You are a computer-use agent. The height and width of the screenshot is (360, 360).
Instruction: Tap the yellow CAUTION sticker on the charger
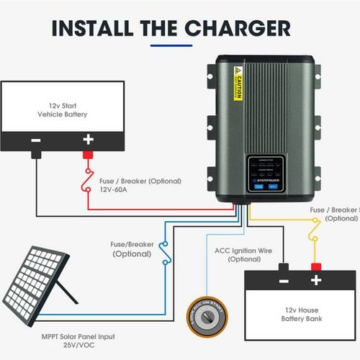coord(238,84)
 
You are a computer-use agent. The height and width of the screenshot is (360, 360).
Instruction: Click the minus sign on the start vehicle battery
coord(35,140)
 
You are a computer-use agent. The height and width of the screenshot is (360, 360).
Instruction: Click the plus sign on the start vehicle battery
coord(88,140)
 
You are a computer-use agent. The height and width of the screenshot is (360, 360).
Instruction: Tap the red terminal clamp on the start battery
coord(88,154)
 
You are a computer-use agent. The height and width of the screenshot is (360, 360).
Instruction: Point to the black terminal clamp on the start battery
coord(35,154)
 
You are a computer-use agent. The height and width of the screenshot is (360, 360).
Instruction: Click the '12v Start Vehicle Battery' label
coord(62,109)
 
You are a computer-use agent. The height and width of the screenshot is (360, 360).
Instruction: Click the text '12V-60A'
coord(117,191)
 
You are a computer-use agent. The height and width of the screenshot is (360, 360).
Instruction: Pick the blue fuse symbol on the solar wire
coord(166,253)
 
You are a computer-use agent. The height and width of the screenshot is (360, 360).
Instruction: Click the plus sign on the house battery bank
coord(315,280)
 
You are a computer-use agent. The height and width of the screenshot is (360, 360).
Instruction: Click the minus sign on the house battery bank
coord(284,280)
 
